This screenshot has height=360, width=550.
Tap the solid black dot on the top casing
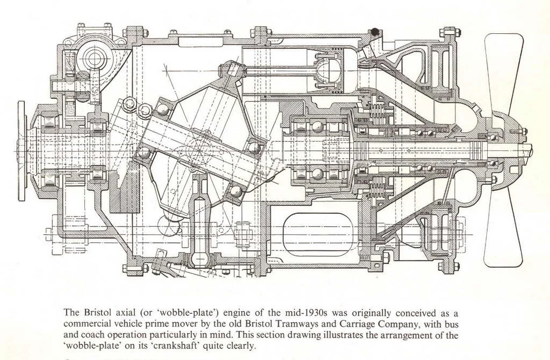click(x=374, y=32)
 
